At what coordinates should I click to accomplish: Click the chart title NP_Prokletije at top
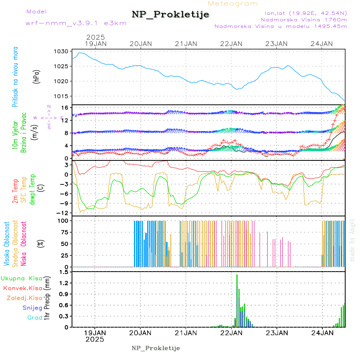click(170, 15)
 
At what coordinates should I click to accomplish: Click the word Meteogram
click(233, 4)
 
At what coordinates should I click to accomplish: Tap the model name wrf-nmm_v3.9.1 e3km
click(76, 23)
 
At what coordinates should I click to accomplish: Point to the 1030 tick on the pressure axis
click(62, 52)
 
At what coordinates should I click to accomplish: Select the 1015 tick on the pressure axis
click(62, 96)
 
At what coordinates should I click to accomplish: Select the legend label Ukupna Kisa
click(22, 278)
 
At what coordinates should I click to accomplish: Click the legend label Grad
click(34, 318)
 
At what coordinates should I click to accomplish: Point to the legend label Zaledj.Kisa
click(24, 298)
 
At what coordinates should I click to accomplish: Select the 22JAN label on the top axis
click(231, 44)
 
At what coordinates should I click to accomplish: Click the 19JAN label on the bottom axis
click(95, 333)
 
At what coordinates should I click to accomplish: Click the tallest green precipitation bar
click(237, 300)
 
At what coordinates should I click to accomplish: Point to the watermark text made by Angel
click(352, 240)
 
